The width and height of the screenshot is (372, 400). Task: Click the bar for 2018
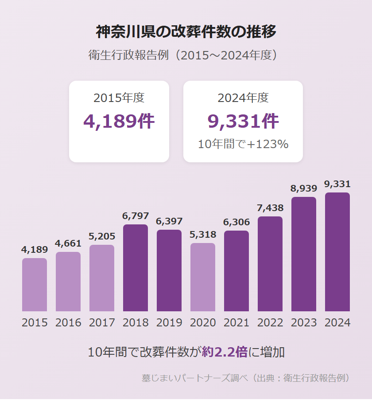click(x=136, y=268)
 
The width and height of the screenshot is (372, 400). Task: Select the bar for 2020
click(x=203, y=277)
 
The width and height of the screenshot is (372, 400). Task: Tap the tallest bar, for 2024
click(x=337, y=252)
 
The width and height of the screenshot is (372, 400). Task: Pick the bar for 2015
click(x=35, y=285)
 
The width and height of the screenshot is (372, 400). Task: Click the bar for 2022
click(x=270, y=264)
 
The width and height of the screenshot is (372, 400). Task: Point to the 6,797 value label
click(x=136, y=216)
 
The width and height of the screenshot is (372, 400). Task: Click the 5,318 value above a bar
click(x=203, y=235)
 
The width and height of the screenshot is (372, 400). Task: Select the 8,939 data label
click(x=304, y=189)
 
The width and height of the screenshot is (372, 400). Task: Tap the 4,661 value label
click(x=68, y=243)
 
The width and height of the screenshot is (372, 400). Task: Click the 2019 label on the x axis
click(x=169, y=322)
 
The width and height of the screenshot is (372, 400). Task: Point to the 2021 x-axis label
click(x=236, y=322)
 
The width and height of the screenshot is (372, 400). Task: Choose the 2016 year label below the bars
click(x=68, y=322)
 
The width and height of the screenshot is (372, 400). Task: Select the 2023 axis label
click(x=304, y=322)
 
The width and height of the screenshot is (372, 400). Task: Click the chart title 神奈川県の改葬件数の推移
click(x=186, y=32)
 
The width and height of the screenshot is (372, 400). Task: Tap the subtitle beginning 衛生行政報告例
click(x=186, y=55)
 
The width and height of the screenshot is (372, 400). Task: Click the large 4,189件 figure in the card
click(x=119, y=121)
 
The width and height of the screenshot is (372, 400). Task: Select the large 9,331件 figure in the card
click(x=243, y=121)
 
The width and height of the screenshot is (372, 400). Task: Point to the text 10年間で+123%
click(x=243, y=144)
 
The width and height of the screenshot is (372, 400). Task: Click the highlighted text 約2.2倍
click(x=225, y=352)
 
